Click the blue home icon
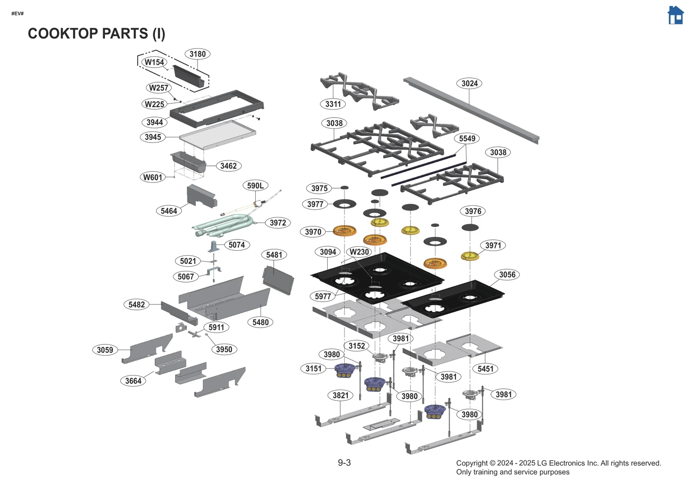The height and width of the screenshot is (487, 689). click(675, 16)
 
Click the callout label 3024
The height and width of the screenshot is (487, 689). click(469, 84)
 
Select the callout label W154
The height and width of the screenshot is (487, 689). click(154, 62)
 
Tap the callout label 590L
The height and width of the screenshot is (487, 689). click(255, 186)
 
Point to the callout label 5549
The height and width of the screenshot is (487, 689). click(467, 139)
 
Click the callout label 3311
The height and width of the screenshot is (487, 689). click(333, 104)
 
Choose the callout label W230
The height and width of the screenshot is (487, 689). click(359, 252)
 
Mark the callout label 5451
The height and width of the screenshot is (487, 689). click(485, 369)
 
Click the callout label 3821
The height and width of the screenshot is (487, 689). click(341, 395)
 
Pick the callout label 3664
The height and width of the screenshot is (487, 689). click(133, 381)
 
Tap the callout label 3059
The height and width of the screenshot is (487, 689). click(105, 350)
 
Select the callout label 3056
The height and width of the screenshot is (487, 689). click(507, 275)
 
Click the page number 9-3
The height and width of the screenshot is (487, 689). click(344, 463)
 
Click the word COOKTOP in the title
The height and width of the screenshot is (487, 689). click(63, 34)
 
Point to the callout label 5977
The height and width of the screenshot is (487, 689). click(323, 296)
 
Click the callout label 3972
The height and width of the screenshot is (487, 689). click(278, 223)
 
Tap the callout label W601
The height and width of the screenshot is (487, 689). click(152, 177)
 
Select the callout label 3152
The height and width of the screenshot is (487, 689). click(357, 346)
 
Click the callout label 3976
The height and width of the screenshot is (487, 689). click(473, 211)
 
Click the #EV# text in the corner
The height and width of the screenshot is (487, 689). click(18, 14)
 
